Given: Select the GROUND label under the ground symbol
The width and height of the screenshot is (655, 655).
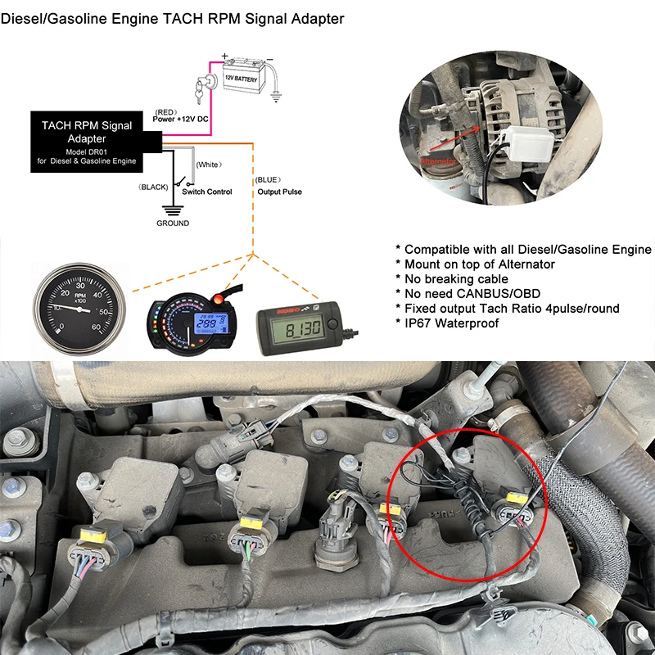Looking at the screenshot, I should point(173,224).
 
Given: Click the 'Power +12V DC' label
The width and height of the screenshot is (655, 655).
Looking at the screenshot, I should point(183,120).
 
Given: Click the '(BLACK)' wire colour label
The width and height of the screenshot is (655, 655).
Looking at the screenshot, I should point(153,187).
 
